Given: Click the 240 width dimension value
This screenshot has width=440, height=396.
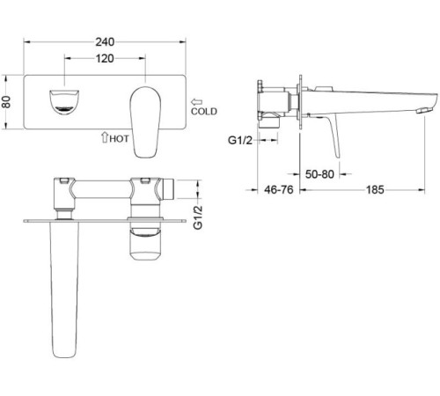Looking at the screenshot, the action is point(105,42).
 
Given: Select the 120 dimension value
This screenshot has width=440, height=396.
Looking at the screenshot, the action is point(105,59).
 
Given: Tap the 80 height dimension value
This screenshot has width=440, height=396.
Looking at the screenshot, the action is point(6,102).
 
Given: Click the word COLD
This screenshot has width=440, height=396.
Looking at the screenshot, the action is point(204,112).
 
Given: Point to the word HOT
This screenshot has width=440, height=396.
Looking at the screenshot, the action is point(119,139).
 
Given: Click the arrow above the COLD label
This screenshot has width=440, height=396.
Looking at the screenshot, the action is point(196,102).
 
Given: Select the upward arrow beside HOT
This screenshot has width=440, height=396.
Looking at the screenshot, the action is point(105,137).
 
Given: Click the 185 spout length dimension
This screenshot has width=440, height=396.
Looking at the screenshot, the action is point(375,190).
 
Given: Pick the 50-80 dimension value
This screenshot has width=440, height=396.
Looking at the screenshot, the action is point(319,174).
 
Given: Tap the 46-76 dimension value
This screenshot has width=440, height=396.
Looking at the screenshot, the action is point(279,190).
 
